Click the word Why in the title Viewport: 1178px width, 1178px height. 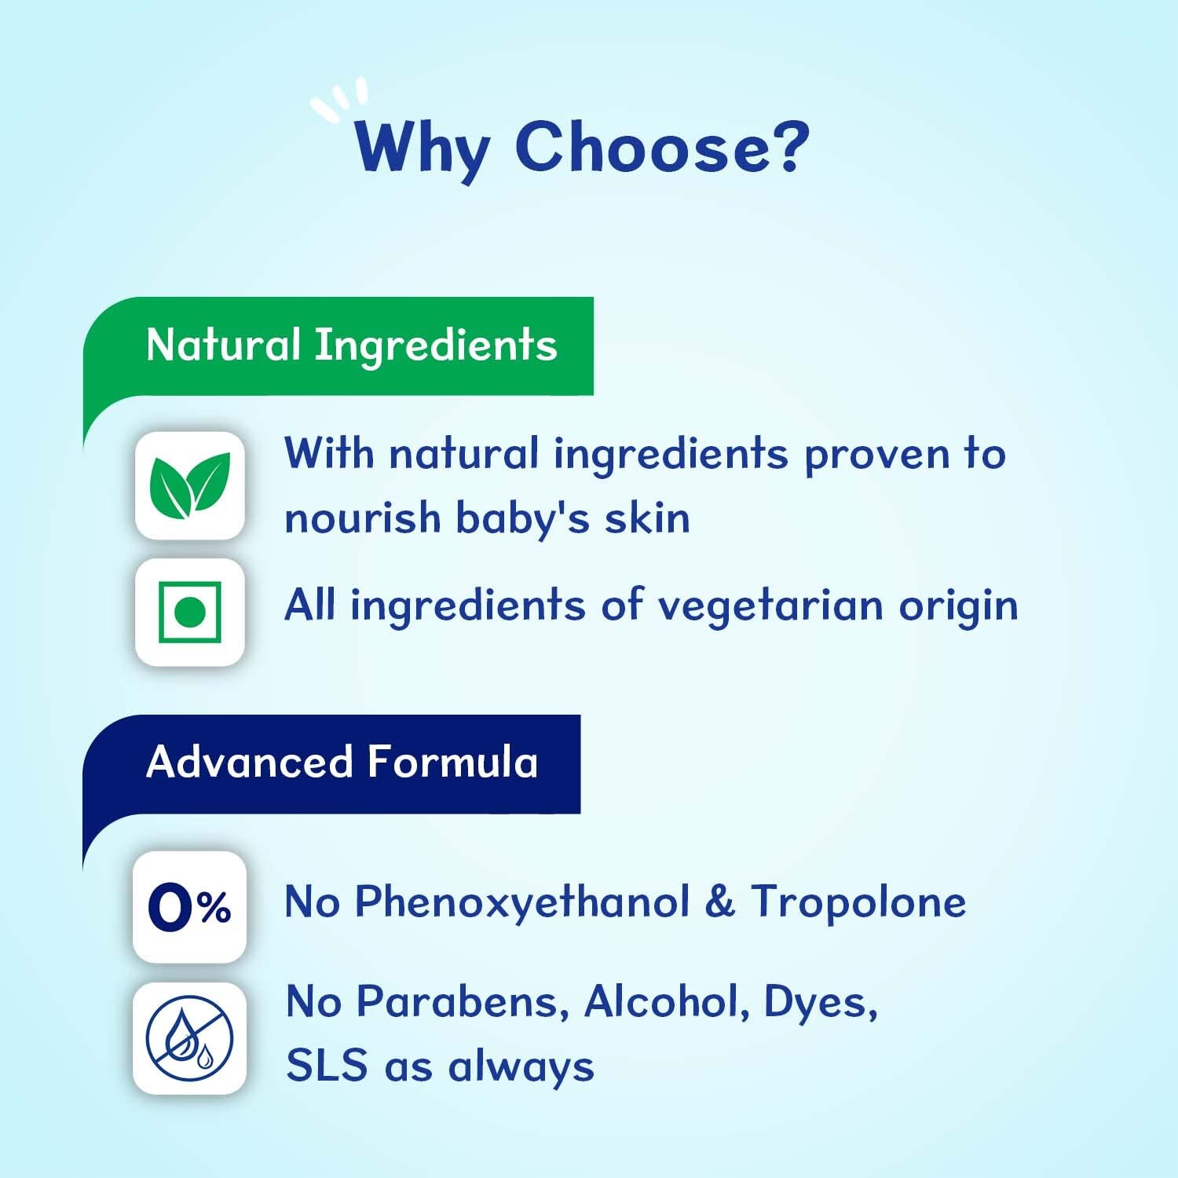(422, 149)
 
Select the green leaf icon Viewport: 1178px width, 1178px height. (190, 485)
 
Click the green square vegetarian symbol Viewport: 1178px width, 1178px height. (190, 612)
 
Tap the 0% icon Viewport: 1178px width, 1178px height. (189, 907)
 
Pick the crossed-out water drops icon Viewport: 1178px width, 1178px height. (189, 1037)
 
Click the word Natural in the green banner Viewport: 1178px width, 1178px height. (223, 346)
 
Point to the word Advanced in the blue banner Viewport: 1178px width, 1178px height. (249, 763)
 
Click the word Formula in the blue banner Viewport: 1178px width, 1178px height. (452, 763)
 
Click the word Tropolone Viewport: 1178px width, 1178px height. (858, 902)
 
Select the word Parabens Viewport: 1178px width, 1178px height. (463, 1002)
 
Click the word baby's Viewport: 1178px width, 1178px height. (521, 519)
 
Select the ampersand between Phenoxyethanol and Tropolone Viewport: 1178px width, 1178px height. (719, 902)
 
